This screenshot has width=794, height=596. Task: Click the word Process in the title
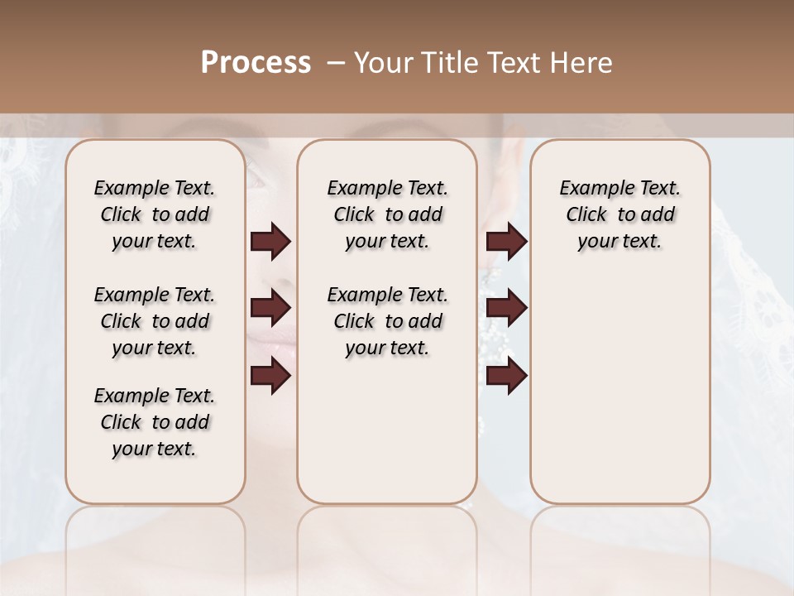point(256,63)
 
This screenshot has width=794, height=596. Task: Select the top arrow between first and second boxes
point(270,242)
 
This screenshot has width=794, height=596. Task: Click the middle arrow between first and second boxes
point(270,308)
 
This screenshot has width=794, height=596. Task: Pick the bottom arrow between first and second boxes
point(270,376)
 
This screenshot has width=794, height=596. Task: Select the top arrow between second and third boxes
point(506,242)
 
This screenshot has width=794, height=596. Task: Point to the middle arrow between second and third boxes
point(506,308)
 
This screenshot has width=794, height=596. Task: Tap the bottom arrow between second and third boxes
point(506,376)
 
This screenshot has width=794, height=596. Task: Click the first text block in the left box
point(155,214)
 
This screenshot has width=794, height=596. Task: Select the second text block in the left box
point(155,321)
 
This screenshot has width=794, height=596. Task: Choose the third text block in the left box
point(155,422)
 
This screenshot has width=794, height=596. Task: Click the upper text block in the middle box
point(387,214)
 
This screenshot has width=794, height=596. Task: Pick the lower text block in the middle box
point(387,321)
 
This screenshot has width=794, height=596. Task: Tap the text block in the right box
point(619,214)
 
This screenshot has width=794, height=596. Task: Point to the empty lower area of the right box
point(619,389)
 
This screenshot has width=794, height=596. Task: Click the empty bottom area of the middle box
point(387,439)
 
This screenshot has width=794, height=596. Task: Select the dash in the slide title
point(335,63)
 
